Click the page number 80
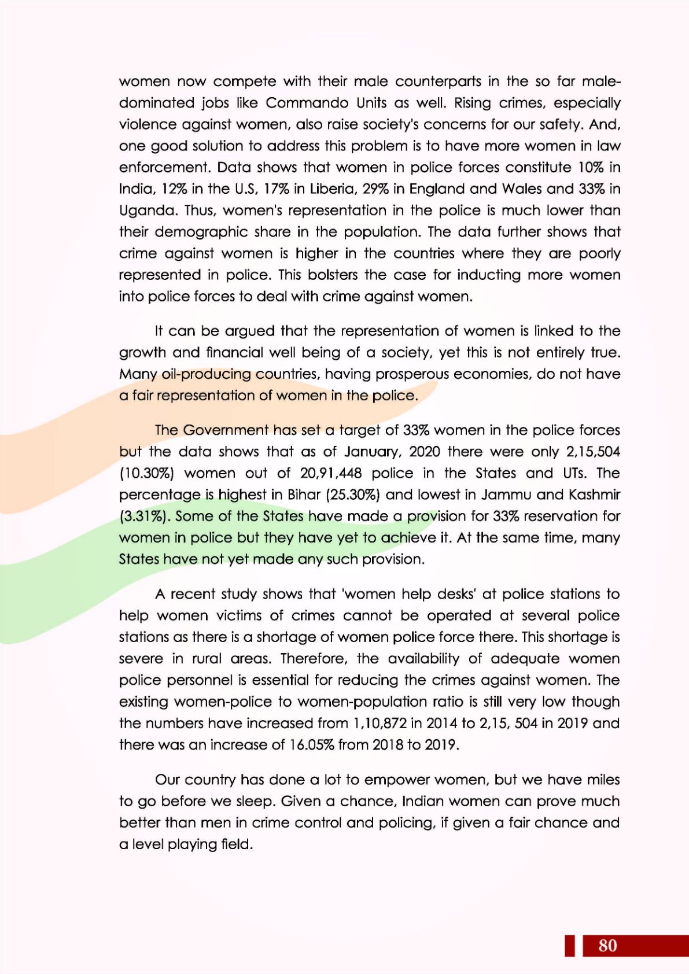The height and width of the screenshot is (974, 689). [607, 945]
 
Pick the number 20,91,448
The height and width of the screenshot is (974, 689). [331, 474]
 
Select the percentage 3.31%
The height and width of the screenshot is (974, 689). [145, 516]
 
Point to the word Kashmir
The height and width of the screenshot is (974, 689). [594, 495]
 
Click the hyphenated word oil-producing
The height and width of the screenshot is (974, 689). [207, 374]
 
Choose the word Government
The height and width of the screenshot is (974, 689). [226, 430]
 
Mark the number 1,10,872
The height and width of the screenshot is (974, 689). [379, 724]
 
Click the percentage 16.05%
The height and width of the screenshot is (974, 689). [311, 745]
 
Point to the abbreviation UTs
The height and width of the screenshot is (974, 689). [573, 474]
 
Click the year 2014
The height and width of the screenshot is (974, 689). [442, 724]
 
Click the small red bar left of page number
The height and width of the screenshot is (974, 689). [570, 945]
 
